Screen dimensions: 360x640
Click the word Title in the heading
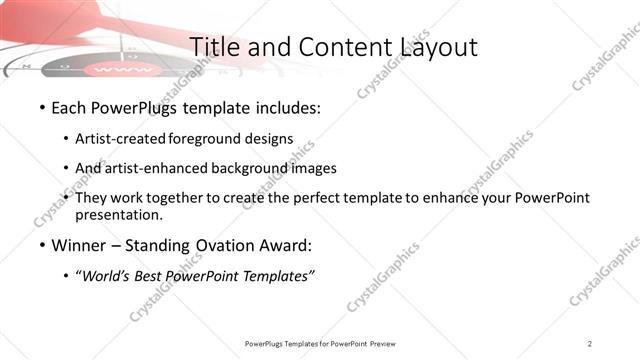coord(213,47)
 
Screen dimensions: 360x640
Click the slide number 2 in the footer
coord(590,343)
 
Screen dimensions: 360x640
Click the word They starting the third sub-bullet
coord(92,198)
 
